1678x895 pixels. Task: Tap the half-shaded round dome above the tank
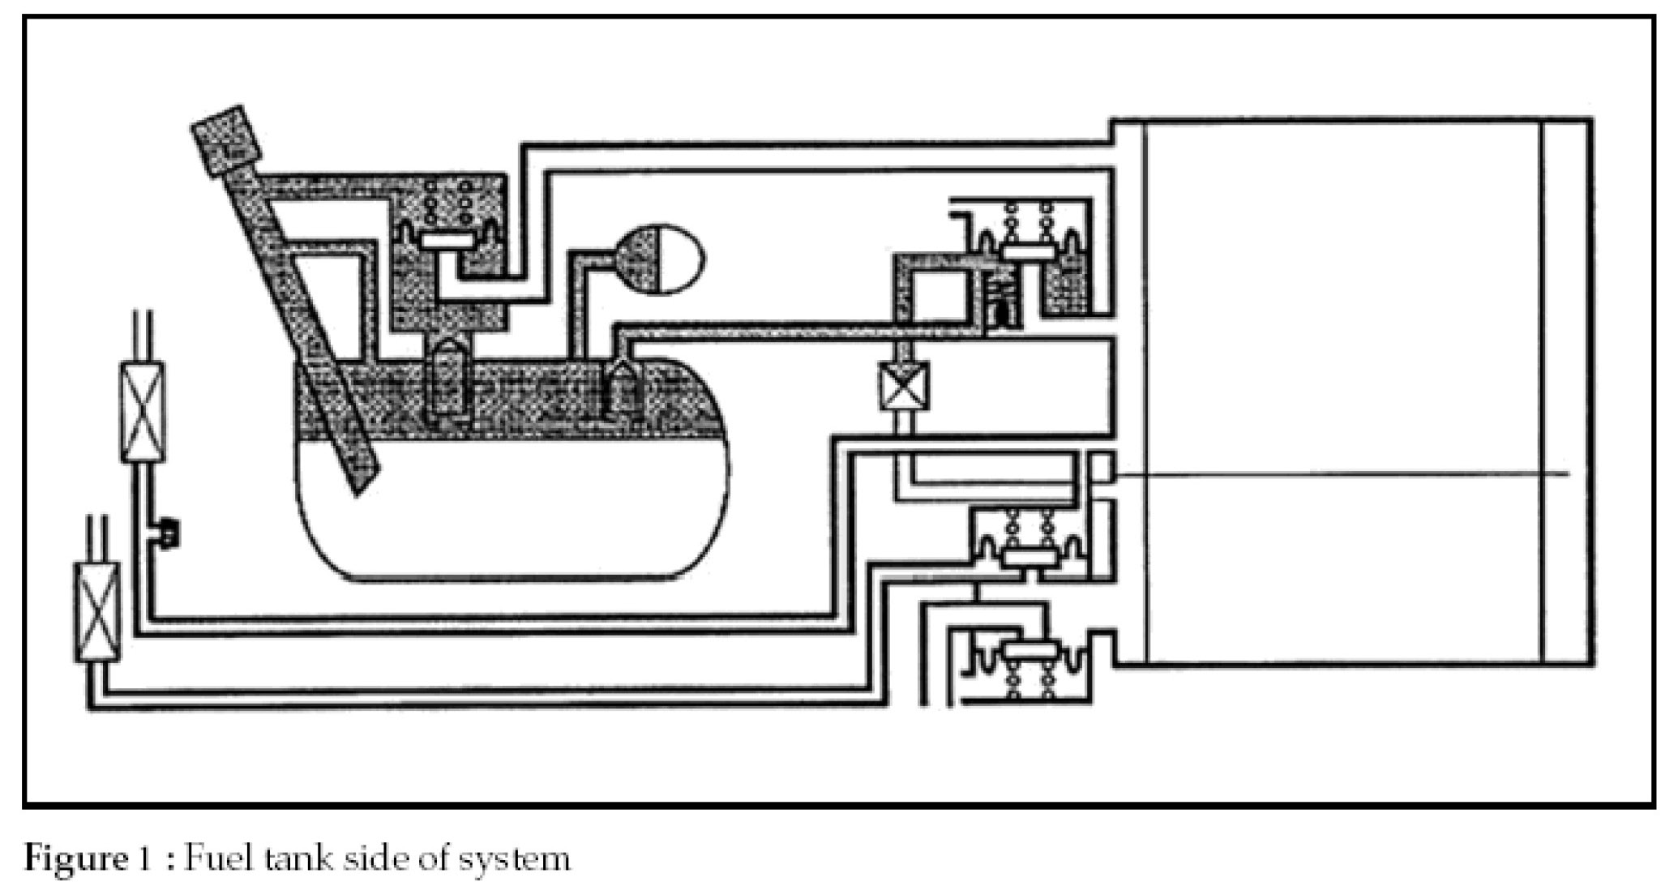[658, 259]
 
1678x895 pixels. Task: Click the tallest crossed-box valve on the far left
[143, 412]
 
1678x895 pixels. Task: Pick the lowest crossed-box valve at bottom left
[96, 612]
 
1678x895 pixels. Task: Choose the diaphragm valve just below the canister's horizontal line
[1029, 556]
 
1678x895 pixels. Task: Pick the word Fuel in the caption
[217, 858]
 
